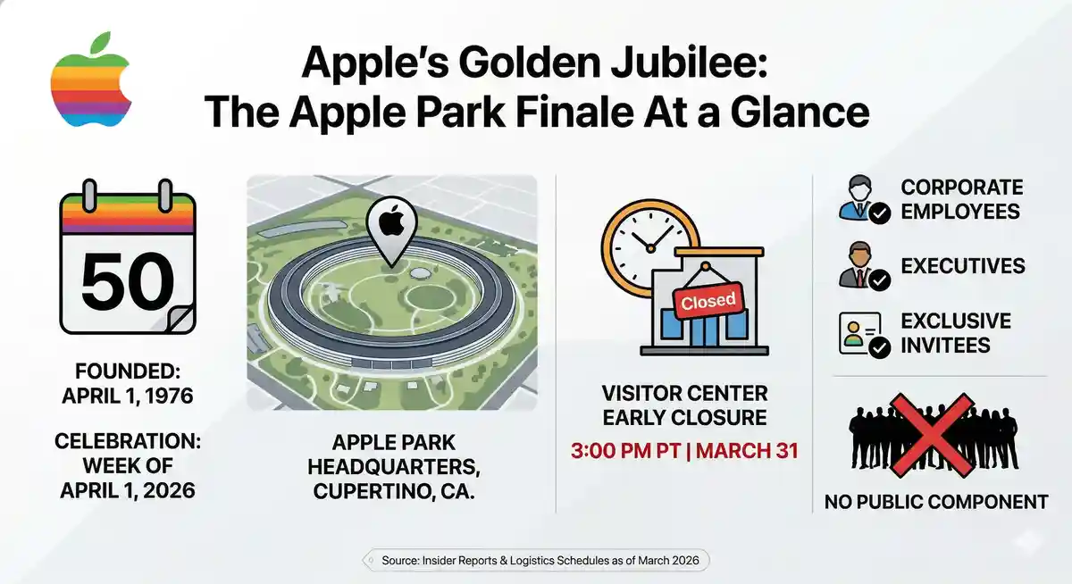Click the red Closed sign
[x=708, y=301]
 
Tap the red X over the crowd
[x=932, y=435]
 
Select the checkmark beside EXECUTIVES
[x=880, y=280]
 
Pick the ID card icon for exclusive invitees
[x=859, y=333]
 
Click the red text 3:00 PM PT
[x=625, y=451]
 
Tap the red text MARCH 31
[x=747, y=451]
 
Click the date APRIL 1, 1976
[x=128, y=396]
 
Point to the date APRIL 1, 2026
[x=128, y=490]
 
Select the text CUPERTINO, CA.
[x=394, y=491]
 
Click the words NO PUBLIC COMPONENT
[x=936, y=502]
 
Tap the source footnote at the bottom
[x=540, y=561]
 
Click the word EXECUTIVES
[x=963, y=266]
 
